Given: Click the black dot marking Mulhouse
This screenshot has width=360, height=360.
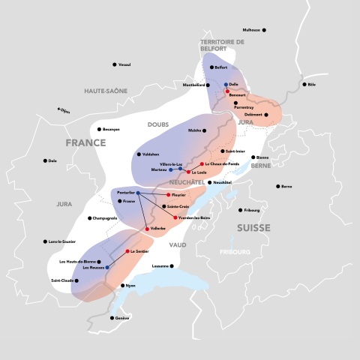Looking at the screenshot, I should coord(264,30).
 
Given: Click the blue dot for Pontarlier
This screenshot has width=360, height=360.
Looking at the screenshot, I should coord(138,193).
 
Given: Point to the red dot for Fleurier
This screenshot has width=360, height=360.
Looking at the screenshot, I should coord(168,195).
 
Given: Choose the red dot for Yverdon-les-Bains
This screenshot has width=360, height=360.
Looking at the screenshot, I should coord(175,217).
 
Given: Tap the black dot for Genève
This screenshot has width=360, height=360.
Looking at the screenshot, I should coord(110,318).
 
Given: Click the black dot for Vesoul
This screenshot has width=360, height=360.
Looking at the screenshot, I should coord(114,64).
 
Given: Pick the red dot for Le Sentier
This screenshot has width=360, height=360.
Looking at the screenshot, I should coord(127,251).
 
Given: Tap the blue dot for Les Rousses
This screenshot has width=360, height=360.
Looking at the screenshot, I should coord(107,267).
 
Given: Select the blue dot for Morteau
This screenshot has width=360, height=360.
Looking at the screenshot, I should coord(170,169).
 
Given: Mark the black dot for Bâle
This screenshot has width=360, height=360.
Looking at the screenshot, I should coord(304,84).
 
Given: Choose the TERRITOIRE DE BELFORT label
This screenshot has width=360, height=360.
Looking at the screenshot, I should coord(222,46).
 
